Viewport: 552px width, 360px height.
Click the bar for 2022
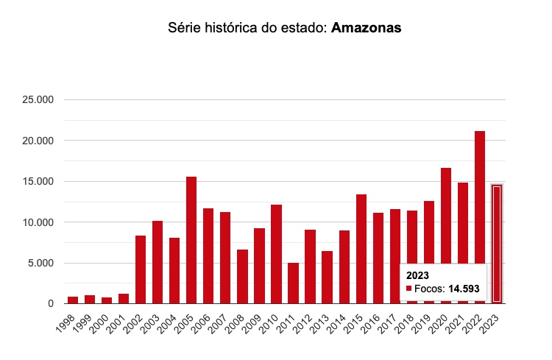(480, 217)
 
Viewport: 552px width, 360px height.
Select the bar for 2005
(191, 240)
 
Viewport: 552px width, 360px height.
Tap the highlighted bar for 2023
(497, 243)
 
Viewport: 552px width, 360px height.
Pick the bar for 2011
(293, 283)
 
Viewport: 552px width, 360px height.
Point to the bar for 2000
(107, 300)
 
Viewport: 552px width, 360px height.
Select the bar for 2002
(141, 269)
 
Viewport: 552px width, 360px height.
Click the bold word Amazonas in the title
(366, 29)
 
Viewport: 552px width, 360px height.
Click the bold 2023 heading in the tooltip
(417, 275)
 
